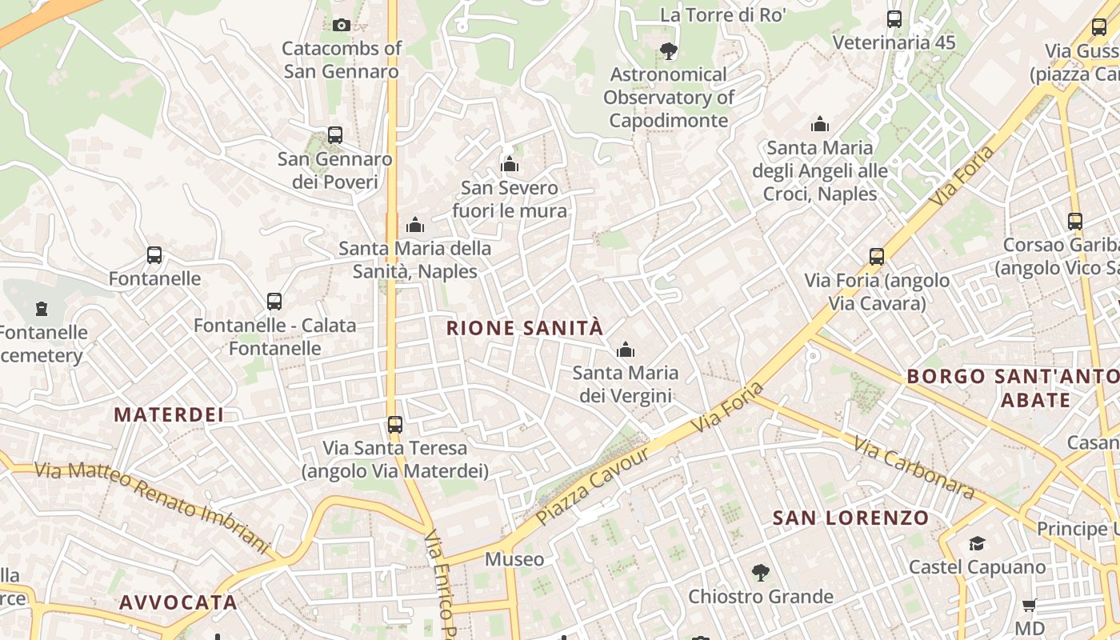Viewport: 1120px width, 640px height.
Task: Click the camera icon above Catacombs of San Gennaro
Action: pyautogui.click(x=342, y=25)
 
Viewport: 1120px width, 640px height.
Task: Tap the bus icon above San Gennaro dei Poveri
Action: pyautogui.click(x=335, y=135)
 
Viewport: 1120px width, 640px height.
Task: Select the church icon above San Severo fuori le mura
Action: pyautogui.click(x=510, y=165)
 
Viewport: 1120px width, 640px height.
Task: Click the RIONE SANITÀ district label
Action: pyautogui.click(x=525, y=328)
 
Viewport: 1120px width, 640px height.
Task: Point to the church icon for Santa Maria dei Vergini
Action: pyautogui.click(x=626, y=350)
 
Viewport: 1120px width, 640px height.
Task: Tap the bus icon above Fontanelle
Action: pyautogui.click(x=154, y=255)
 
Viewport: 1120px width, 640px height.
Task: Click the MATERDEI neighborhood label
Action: pyautogui.click(x=169, y=414)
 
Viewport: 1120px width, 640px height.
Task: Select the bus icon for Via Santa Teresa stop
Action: pyautogui.click(x=395, y=424)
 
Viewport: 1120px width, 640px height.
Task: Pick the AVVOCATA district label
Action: pyautogui.click(x=178, y=602)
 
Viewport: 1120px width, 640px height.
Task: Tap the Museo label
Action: pyautogui.click(x=514, y=559)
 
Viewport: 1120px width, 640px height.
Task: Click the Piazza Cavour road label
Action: pyautogui.click(x=592, y=486)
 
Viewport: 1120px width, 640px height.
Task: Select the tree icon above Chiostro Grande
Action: pyautogui.click(x=761, y=573)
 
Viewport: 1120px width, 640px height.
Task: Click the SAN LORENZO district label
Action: pyautogui.click(x=850, y=518)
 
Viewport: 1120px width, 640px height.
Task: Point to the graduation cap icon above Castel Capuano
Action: pyautogui.click(x=977, y=544)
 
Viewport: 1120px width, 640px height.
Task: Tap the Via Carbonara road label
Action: pyautogui.click(x=914, y=467)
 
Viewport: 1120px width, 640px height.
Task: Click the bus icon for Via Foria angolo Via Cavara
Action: pyautogui.click(x=877, y=257)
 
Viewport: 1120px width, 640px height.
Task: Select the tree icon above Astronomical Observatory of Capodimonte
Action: pyautogui.click(x=669, y=51)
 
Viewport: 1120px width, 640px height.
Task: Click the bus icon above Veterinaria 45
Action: pyautogui.click(x=894, y=19)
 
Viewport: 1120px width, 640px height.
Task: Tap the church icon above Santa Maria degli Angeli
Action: pyautogui.click(x=820, y=124)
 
